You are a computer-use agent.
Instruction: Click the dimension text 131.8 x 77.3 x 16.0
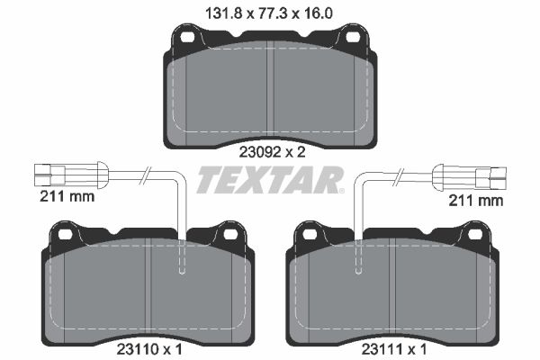[x=268, y=13]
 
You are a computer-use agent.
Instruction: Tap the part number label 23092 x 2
[x=272, y=152]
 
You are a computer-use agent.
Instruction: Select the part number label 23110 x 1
[x=148, y=350]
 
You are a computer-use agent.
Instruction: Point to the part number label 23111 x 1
[x=393, y=350]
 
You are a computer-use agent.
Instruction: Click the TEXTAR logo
[x=270, y=179]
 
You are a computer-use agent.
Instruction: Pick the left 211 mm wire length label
[x=67, y=197]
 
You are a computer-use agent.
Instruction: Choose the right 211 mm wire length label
[x=475, y=200]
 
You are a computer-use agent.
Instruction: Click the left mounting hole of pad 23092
[x=187, y=37]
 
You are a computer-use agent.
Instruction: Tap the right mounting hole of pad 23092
[x=353, y=37]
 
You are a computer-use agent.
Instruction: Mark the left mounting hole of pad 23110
[x=65, y=235]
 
